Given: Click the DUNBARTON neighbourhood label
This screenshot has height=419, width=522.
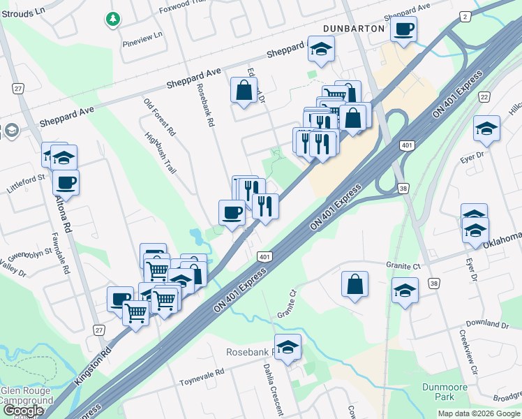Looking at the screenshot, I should pyautogui.click(x=354, y=29).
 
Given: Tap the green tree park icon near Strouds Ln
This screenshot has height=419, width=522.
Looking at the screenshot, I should pyautogui.click(x=112, y=19).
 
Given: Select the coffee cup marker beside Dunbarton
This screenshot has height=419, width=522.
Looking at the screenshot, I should pyautogui.click(x=404, y=30).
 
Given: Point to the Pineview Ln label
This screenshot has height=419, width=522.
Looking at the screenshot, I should pyautogui.click(x=142, y=34).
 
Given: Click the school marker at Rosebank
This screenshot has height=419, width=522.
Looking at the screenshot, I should pyautogui.click(x=287, y=347).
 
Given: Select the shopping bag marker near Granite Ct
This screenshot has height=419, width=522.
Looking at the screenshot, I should pyautogui.click(x=355, y=284).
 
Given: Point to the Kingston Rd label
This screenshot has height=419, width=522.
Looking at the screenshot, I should pyautogui.click(x=91, y=364).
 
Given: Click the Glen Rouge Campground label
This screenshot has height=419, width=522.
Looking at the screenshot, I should pyautogui.click(x=26, y=396).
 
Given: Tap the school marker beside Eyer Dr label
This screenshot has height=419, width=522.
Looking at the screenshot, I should pyautogui.click(x=486, y=128).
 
